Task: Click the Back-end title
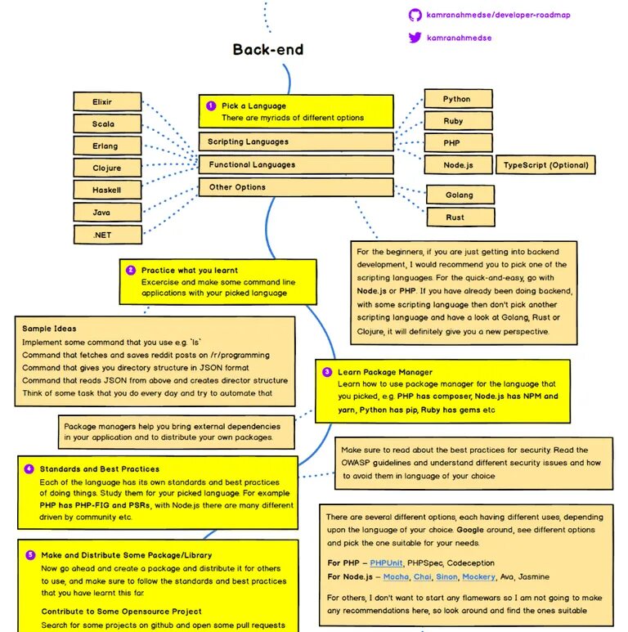pyautogui.click(x=268, y=50)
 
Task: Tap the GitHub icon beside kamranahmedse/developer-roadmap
pyautogui.click(x=415, y=15)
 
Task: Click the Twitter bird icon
pyautogui.click(x=415, y=38)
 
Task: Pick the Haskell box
pyautogui.click(x=107, y=190)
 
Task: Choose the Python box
pyautogui.click(x=457, y=99)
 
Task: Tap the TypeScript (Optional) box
pyautogui.click(x=545, y=165)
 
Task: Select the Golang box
pyautogui.click(x=460, y=195)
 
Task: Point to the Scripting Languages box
pyautogui.click(x=296, y=142)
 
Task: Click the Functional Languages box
pyautogui.click(x=296, y=164)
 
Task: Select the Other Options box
pyautogui.click(x=296, y=187)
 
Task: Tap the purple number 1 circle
pyautogui.click(x=211, y=105)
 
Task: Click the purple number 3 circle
pyautogui.click(x=327, y=372)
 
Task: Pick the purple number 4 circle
pyautogui.click(x=29, y=469)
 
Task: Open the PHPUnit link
pyautogui.click(x=388, y=563)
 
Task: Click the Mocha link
pyautogui.click(x=399, y=576)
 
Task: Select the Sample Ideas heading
pyautogui.click(x=49, y=329)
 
